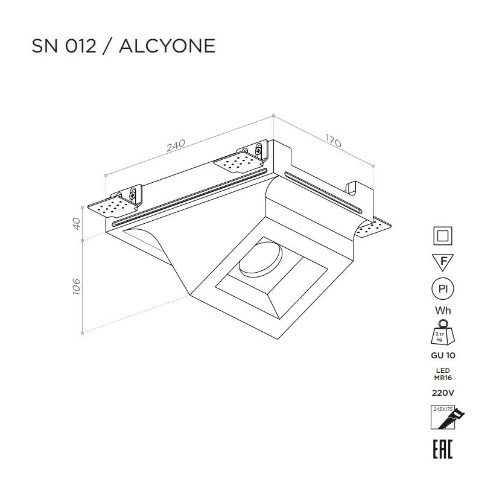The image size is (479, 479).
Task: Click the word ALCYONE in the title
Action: click(167, 46)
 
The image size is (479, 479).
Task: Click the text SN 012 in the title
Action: click(64, 46)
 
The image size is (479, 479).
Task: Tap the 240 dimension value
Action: click(176, 146)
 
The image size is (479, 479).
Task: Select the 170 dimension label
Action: click(333, 141)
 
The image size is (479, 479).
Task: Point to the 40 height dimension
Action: click(77, 224)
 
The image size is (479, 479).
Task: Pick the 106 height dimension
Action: click(77, 287)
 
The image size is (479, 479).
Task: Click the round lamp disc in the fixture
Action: click(261, 258)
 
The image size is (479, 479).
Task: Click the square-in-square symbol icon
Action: click(443, 236)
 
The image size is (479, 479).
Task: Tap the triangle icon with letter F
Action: click(443, 262)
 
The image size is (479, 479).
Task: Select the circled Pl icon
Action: click(443, 289)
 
